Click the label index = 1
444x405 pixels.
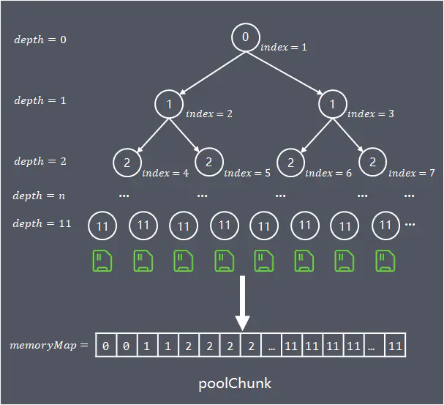[x=284, y=47]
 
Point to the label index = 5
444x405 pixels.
[x=247, y=173]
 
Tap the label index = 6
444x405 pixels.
[x=328, y=173]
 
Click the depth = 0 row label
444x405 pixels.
[x=40, y=40]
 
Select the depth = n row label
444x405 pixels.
[x=39, y=196]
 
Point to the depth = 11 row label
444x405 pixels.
[x=42, y=223]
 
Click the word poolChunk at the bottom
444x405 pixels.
[x=235, y=384]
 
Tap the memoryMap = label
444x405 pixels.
[x=49, y=345]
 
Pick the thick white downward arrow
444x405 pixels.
[x=242, y=303]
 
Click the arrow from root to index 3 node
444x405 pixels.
[x=285, y=73]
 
